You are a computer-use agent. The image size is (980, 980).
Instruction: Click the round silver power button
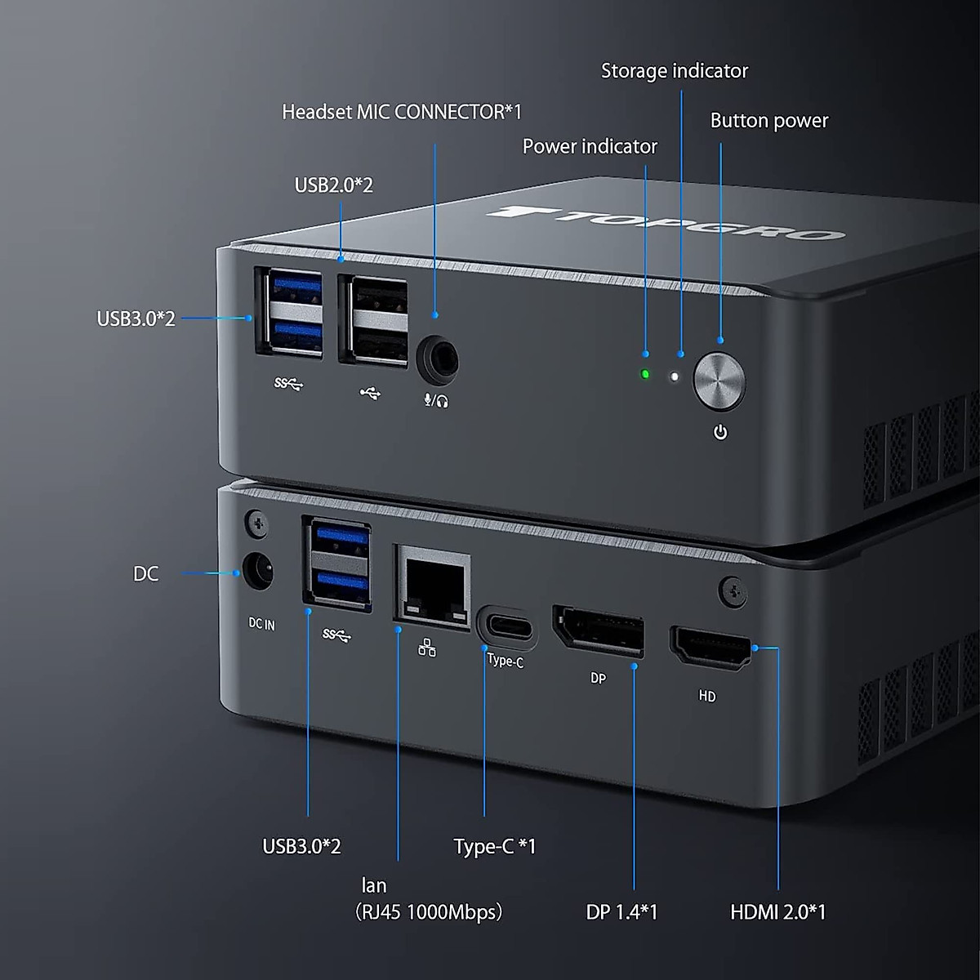[719, 381]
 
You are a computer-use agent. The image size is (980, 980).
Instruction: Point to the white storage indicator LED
[675, 377]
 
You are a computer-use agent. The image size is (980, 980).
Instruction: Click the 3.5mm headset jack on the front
[437, 360]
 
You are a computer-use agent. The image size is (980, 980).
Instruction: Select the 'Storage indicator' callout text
[675, 71]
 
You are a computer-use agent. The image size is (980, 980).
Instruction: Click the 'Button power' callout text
[768, 121]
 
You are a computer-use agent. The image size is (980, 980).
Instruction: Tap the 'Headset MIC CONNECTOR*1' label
[402, 112]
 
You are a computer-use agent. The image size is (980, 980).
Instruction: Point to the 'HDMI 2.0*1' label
[777, 911]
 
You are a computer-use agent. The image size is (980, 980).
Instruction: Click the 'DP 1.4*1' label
[621, 911]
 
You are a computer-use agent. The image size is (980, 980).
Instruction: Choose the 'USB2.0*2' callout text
[333, 185]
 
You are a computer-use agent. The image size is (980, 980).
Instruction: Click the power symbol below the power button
[720, 432]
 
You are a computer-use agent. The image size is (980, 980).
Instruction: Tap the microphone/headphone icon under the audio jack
[436, 400]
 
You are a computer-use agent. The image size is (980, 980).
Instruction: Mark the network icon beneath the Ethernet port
[427, 648]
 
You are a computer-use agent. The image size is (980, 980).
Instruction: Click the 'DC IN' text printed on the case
[261, 624]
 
